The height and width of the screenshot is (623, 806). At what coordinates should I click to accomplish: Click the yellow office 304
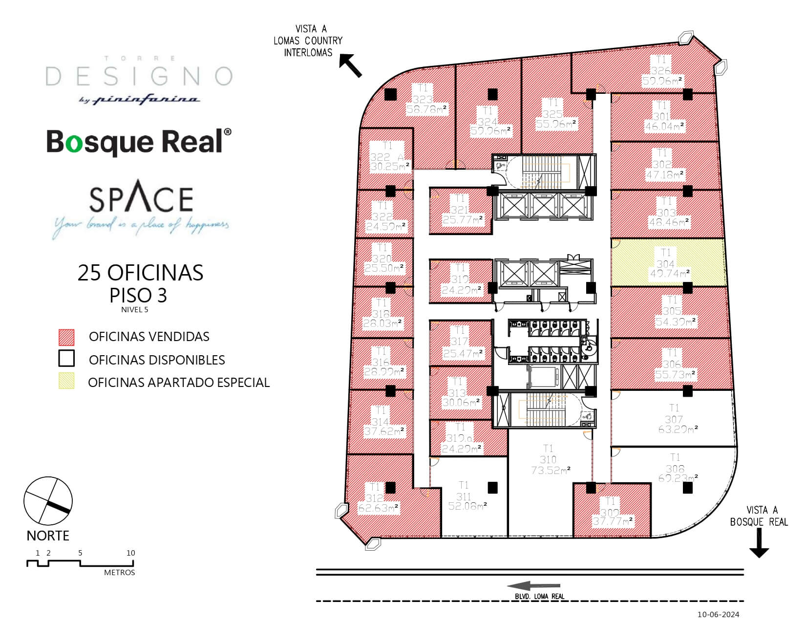[x=667, y=262]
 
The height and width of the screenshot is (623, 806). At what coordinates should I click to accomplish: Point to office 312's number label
[x=375, y=498]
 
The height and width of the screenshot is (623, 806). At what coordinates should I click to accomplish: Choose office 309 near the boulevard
[x=611, y=511]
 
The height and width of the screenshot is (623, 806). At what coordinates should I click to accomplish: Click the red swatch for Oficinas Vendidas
[x=66, y=337]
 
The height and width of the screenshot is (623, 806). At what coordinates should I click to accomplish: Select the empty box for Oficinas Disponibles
[x=66, y=359]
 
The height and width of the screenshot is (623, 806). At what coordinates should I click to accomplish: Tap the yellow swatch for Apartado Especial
[x=66, y=381]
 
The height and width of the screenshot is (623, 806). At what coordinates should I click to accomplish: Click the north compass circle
[x=48, y=502]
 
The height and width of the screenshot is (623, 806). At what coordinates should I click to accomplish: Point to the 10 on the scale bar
[x=130, y=553]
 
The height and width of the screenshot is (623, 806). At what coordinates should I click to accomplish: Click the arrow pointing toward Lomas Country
[x=351, y=65]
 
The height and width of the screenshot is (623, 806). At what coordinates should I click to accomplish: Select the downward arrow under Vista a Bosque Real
[x=759, y=544]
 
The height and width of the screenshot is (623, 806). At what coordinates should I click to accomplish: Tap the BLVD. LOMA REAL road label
[x=539, y=596]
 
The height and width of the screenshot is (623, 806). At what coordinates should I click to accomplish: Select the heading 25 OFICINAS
[x=140, y=273]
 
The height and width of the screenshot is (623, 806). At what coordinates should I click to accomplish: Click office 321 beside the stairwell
[x=459, y=210]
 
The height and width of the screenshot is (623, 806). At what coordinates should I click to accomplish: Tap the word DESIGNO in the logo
[x=139, y=76]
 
